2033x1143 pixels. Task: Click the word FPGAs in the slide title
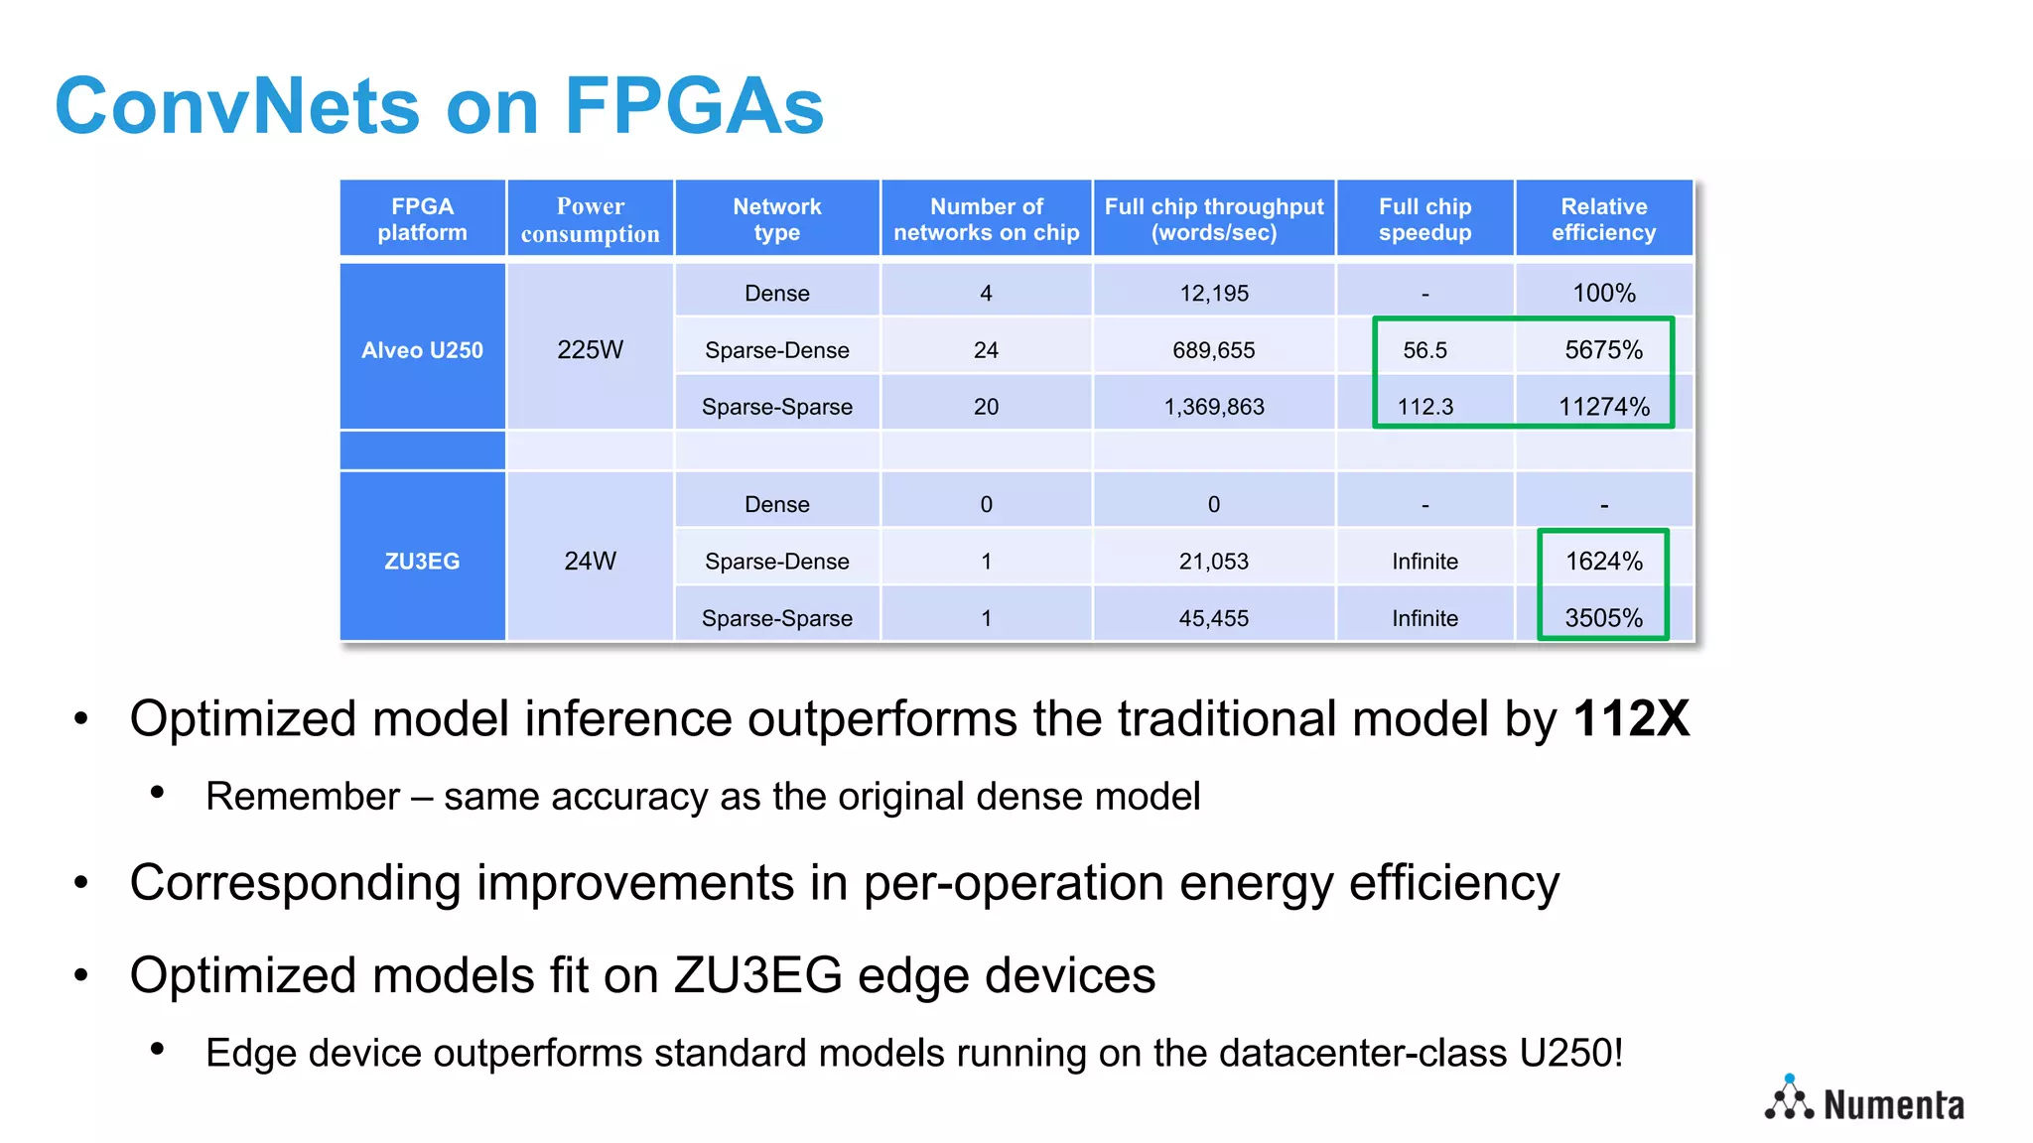(694, 106)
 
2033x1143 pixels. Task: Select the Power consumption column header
(590, 219)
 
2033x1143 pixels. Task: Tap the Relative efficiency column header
(1603, 219)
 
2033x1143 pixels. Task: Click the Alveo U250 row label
(422, 350)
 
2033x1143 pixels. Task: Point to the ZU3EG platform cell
(422, 562)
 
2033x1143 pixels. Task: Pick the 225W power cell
(590, 350)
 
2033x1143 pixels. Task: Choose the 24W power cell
(590, 562)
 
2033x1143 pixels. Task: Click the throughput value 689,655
(1213, 350)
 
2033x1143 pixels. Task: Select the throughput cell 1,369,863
(1213, 407)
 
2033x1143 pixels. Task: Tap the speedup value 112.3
(1424, 407)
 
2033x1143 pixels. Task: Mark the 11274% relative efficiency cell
(1603, 407)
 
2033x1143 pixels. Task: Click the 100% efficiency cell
(1603, 294)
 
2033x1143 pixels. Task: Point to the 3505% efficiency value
(1603, 618)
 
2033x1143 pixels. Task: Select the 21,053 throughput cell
(1213, 562)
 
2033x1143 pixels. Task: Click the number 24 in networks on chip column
(986, 350)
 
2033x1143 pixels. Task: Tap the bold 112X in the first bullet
(1631, 718)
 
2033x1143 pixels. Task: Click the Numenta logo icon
(1789, 1098)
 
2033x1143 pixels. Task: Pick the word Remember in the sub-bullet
(303, 797)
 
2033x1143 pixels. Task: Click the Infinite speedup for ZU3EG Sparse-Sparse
(1424, 618)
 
